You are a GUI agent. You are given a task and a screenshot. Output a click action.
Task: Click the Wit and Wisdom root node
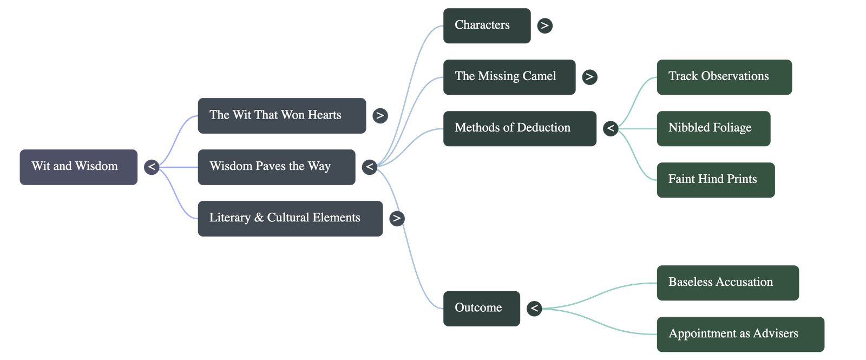pos(78,167)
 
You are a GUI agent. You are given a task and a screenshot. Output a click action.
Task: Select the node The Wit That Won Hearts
pos(281,115)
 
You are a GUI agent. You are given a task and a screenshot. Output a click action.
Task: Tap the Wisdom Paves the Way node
pos(276,167)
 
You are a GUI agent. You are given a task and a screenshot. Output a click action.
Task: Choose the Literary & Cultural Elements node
pos(290,218)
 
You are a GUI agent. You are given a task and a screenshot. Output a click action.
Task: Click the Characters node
pos(487,25)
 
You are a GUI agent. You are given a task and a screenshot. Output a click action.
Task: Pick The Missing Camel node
pos(509,77)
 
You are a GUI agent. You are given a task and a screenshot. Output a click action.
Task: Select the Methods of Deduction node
pos(520,128)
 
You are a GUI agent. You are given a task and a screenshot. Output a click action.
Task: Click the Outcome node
pos(482,308)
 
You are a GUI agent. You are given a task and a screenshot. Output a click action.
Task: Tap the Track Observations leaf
pos(724,77)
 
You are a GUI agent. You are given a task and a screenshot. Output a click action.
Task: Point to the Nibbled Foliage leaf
pos(713,128)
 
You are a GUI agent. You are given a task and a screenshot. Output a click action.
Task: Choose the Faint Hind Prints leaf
pos(715,180)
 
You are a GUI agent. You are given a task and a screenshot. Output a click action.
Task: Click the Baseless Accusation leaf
pos(727,283)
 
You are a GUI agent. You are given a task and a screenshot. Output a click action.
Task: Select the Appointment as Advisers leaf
pos(740,334)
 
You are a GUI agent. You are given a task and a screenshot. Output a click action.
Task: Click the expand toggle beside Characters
pos(544,25)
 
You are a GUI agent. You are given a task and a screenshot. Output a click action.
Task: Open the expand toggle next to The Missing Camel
pos(589,77)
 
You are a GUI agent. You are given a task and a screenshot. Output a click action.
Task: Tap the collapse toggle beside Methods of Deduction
pos(611,128)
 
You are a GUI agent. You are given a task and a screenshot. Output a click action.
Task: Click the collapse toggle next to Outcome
pos(534,308)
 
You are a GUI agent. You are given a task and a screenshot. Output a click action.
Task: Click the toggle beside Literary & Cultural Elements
pos(397,218)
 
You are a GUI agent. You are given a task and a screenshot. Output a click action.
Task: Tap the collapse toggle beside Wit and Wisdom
pos(152,167)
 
